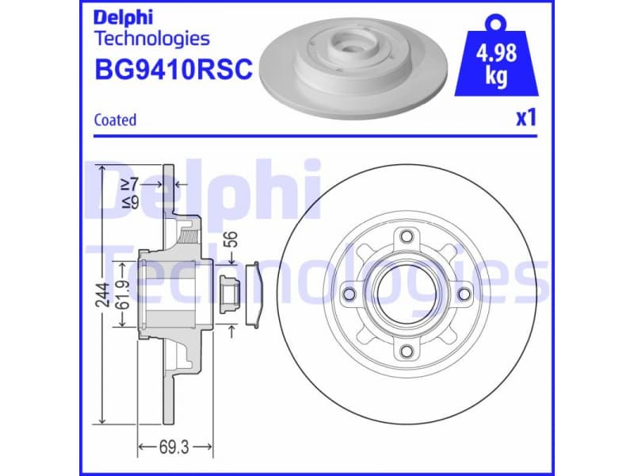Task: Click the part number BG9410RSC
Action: [x=173, y=70]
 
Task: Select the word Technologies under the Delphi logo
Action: [x=151, y=37]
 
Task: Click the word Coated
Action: [x=115, y=120]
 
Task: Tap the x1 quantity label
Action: [x=526, y=119]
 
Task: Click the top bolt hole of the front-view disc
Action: [x=406, y=236]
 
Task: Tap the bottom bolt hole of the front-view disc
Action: [x=406, y=351]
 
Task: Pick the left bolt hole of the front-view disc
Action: [x=348, y=294]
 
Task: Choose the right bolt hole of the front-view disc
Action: [x=464, y=294]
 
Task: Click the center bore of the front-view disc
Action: [x=406, y=294]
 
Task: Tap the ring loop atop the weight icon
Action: [x=497, y=19]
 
